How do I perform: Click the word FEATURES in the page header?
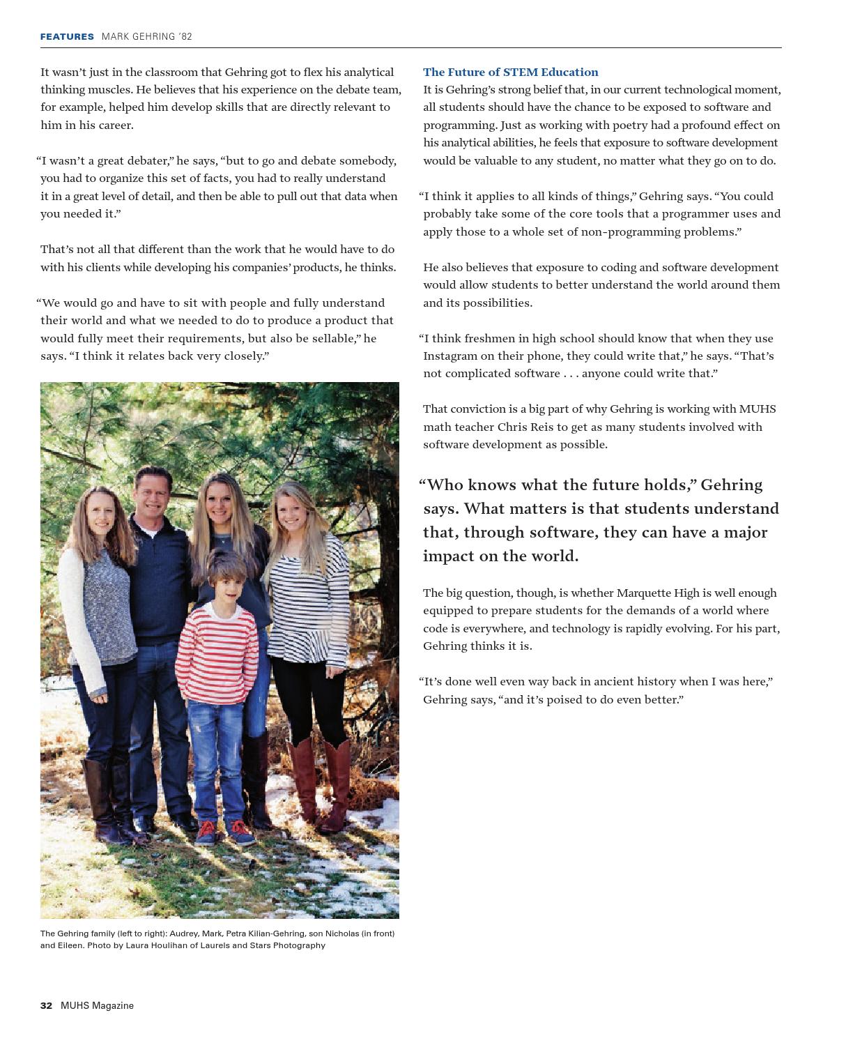67,36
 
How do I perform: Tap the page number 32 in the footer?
46,1005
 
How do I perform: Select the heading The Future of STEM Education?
510,72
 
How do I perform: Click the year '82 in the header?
185,36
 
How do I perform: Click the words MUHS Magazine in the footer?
97,1005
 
